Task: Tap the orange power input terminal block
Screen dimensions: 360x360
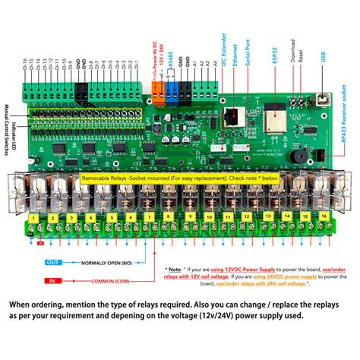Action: tap(157, 96)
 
